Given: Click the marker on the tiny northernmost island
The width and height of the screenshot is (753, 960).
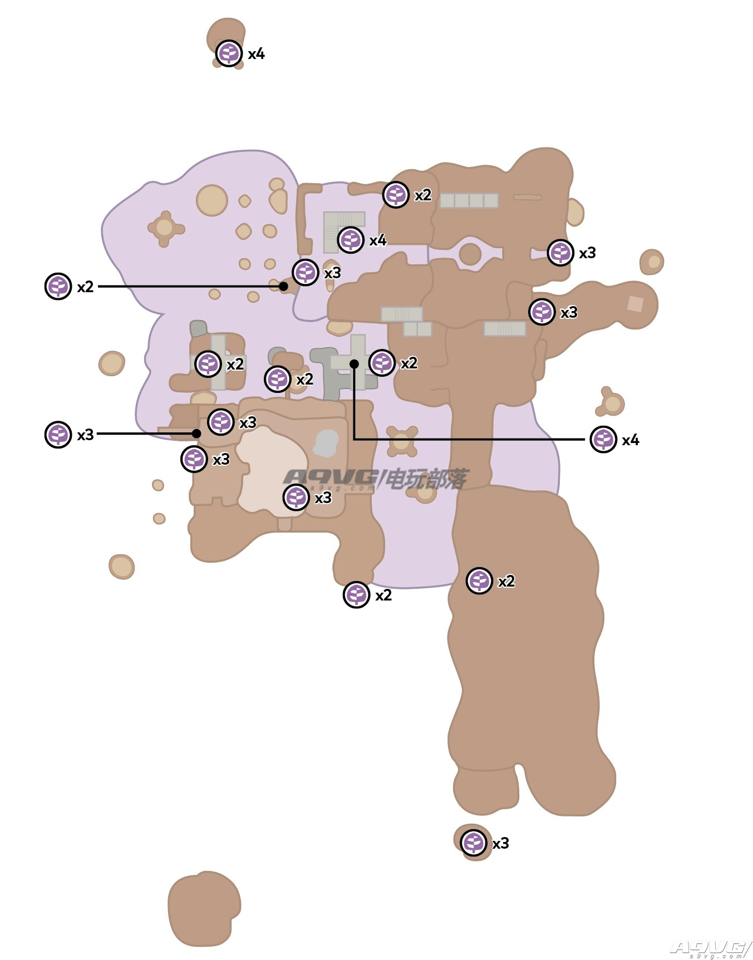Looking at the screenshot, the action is click(229, 53).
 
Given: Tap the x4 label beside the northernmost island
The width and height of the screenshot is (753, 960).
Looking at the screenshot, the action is click(256, 54).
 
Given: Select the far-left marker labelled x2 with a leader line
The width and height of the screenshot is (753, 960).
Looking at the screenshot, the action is click(58, 287).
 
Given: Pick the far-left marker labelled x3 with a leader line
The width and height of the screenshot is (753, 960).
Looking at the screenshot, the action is click(58, 435).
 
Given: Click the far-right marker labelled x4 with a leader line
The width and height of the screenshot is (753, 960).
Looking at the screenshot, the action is click(603, 440).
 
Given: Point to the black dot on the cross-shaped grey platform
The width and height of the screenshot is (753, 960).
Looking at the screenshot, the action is click(354, 364).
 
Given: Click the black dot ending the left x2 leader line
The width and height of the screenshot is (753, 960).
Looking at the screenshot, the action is click(283, 287).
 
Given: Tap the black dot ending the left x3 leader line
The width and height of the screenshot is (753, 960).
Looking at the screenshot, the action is click(196, 434).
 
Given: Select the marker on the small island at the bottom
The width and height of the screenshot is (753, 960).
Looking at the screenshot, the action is click(474, 843).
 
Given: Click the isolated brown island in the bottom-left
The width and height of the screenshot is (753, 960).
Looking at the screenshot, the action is click(204, 908).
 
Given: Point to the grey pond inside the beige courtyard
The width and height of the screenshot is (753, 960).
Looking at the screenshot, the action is click(326, 443).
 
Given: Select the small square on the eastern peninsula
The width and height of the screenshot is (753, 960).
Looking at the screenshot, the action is click(635, 304).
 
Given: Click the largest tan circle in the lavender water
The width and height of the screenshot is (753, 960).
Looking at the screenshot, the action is click(212, 200).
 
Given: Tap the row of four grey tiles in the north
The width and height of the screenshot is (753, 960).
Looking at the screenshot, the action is click(469, 200).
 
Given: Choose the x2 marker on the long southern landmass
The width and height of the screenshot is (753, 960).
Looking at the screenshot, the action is click(479, 582).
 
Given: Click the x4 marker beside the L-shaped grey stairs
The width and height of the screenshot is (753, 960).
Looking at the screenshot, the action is click(351, 240).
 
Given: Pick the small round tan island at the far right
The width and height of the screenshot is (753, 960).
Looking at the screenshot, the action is click(652, 262).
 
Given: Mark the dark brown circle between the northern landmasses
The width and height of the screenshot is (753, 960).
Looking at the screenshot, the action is click(470, 254).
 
